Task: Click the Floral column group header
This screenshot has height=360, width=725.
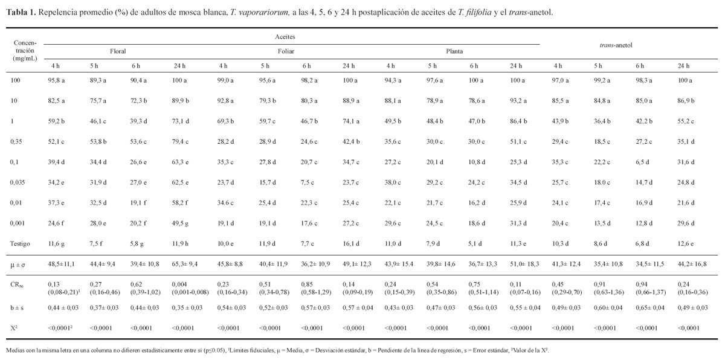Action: (118, 51)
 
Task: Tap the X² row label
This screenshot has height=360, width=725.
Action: (16, 328)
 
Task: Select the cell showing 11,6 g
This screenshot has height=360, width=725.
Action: (58, 242)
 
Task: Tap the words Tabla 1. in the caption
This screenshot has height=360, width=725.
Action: (19, 12)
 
